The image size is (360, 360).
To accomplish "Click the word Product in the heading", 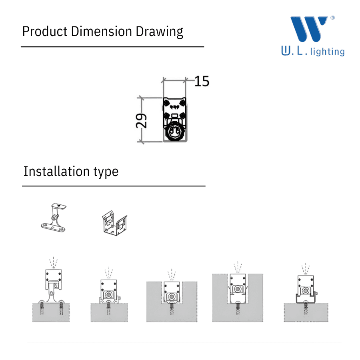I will (45, 32).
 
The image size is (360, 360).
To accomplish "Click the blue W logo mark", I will (308, 29).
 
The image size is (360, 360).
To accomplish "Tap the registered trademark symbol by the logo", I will (332, 18).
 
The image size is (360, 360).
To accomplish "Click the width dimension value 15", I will (202, 82).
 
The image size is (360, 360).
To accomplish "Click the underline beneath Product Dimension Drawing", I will (112, 47).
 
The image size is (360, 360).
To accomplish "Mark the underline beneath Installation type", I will (114, 186).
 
